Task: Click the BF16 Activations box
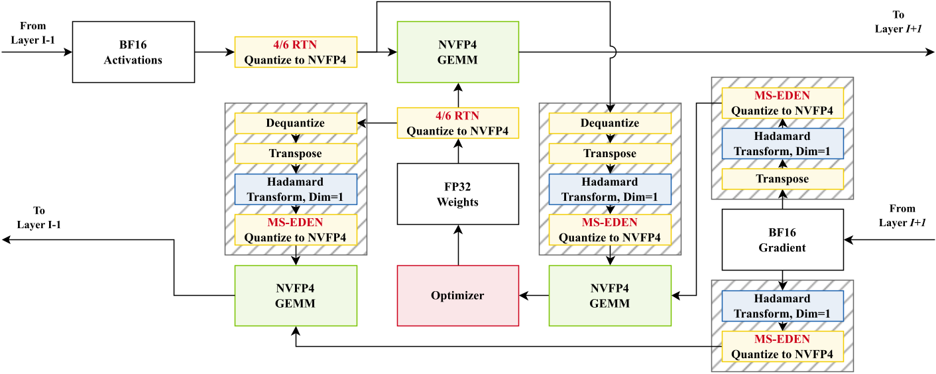(133, 52)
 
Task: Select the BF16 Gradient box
(782, 239)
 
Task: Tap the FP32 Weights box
(457, 194)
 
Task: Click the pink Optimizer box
(457, 296)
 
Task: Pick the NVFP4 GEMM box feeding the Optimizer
(610, 296)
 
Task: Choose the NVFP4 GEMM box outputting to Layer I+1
(457, 52)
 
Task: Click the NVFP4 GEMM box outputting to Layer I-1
(296, 296)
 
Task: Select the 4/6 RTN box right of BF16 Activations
(296, 52)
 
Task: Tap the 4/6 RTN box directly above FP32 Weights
(457, 123)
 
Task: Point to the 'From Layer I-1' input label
(33, 32)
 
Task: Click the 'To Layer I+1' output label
(898, 21)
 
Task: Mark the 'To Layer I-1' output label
(39, 218)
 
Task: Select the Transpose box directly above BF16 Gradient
(782, 179)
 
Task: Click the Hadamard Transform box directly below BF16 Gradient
(782, 306)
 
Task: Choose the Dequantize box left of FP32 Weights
(296, 123)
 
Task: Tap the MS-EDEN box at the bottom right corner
(782, 347)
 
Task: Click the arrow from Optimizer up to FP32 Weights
(457, 245)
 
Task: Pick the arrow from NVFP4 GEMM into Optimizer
(534, 296)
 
